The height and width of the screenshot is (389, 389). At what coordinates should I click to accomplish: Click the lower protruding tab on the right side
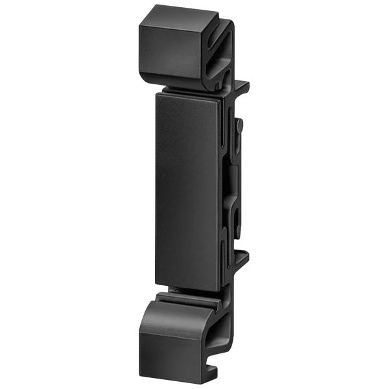(x=241, y=258)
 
